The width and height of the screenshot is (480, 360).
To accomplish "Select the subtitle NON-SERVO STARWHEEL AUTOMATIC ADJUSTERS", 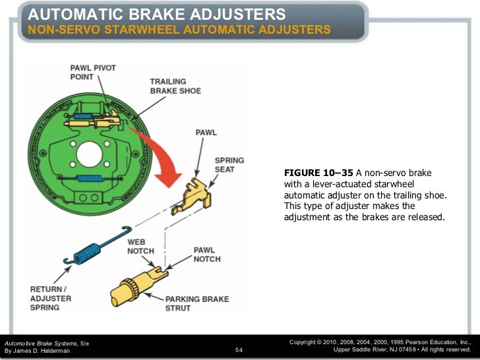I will (179, 30).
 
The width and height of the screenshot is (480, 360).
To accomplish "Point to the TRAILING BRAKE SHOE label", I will (175, 86).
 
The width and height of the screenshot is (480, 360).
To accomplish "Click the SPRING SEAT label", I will (229, 165).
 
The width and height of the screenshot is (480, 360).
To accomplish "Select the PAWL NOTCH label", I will (206, 255).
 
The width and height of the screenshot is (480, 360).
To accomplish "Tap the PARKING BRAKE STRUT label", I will (197, 303).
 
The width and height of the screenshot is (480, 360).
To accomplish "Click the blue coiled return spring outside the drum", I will (90, 249).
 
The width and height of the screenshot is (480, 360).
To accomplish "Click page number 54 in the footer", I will (239, 350).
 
